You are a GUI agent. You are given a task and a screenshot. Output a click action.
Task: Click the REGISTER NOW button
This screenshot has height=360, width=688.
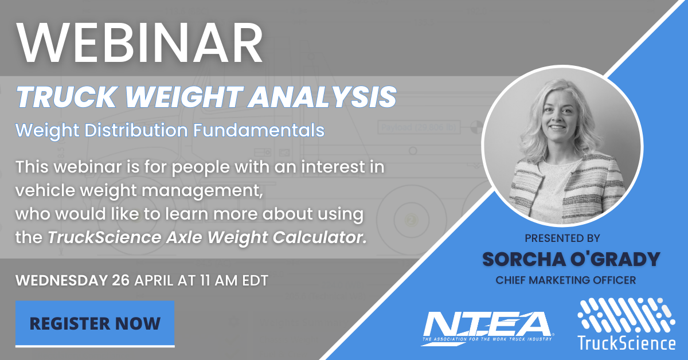point(95,323)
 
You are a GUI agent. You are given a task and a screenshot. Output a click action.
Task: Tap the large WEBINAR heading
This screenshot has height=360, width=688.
point(140,42)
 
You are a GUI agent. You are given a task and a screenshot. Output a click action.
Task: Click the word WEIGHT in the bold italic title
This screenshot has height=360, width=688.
point(184,97)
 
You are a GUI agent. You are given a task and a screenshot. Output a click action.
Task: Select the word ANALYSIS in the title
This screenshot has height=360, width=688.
point(322,97)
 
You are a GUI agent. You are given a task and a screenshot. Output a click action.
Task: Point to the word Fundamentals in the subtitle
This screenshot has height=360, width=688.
point(259,130)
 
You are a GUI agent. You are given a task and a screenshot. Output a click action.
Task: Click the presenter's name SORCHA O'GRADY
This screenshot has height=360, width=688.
point(571,259)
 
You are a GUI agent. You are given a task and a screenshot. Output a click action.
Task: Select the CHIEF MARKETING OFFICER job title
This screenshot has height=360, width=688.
point(566,280)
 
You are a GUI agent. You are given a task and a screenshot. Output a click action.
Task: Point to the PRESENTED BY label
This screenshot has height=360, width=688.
point(562,238)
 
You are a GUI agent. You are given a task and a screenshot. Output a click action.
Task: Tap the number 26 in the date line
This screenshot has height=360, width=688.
point(121,280)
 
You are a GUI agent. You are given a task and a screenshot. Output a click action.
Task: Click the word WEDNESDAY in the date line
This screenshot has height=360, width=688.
point(61,280)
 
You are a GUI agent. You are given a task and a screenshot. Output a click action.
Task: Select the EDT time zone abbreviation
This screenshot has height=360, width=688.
point(255,280)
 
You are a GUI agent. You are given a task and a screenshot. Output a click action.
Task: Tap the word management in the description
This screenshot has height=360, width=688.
point(202,191)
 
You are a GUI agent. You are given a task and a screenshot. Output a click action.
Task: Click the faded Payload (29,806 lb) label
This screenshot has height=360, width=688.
point(419,127)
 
